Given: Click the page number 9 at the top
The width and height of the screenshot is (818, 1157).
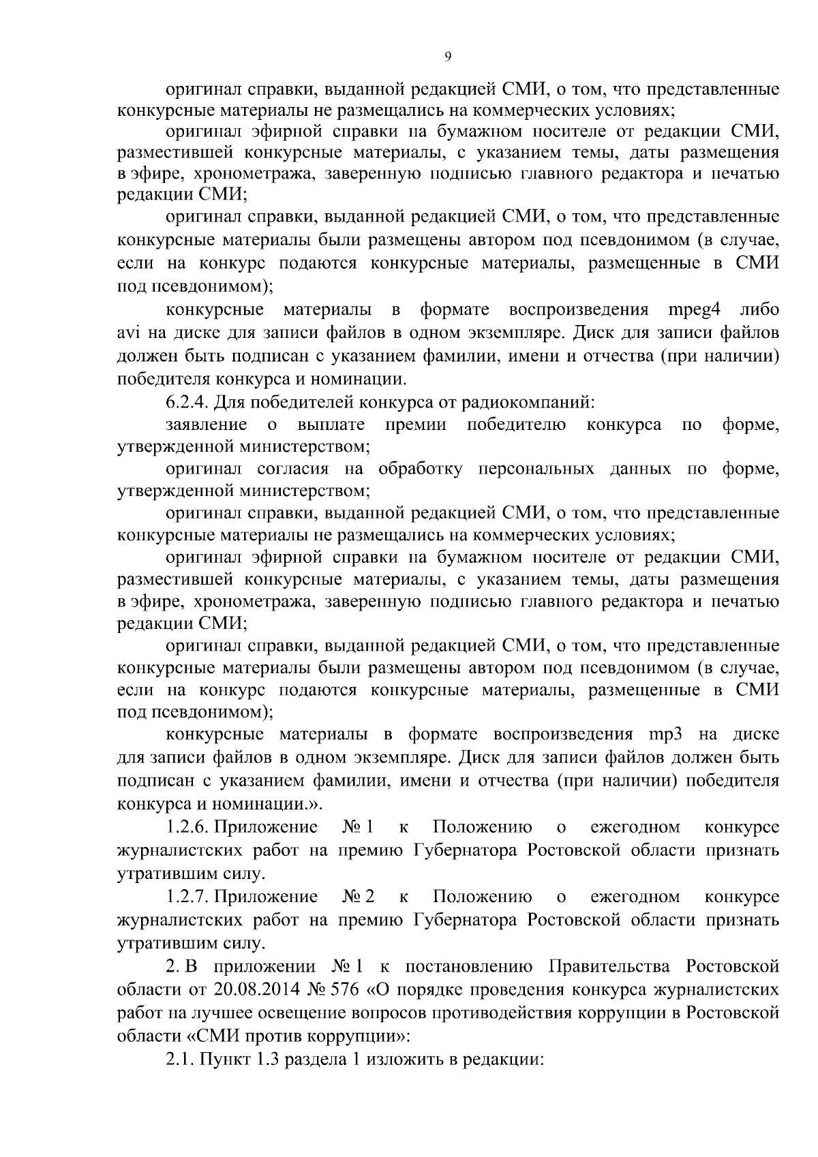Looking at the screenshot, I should (x=447, y=57).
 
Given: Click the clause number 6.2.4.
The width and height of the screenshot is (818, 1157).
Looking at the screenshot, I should (x=187, y=402).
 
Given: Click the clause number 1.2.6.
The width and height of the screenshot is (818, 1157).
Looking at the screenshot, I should (x=187, y=828).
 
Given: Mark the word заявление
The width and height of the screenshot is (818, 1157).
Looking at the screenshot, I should (x=207, y=425).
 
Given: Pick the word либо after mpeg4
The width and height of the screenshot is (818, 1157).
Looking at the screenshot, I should (x=759, y=311).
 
